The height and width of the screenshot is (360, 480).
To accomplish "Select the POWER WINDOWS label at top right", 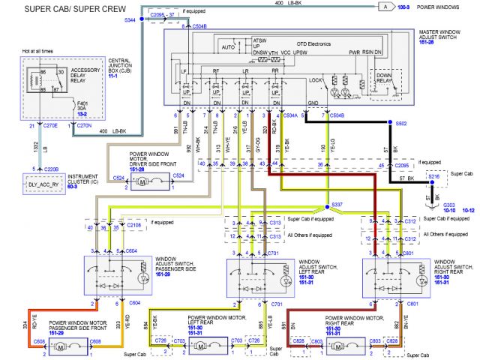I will coord(442,7).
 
